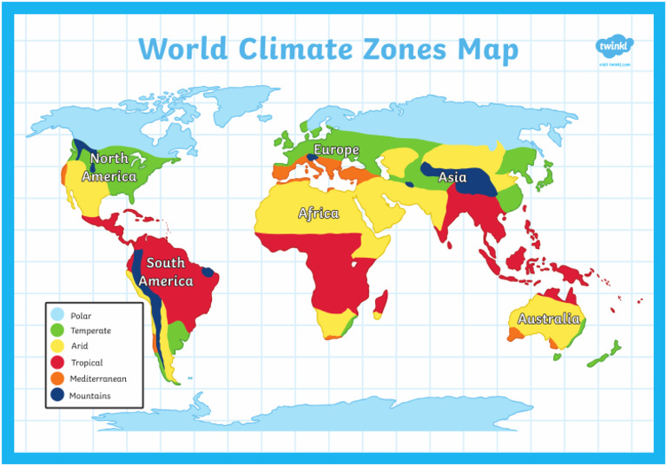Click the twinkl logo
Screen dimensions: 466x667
pos(614,48)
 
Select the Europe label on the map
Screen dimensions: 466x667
pos(336,150)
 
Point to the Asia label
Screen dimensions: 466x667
pos(452,176)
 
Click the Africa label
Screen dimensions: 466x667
pos(319,213)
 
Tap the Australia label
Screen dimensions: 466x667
pos(548,318)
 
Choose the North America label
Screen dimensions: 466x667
pos(109,167)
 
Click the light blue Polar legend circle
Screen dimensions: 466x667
pos(58,315)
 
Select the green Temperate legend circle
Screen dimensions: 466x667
pos(58,331)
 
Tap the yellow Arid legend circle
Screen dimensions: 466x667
pos(58,347)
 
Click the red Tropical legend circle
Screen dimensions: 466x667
pos(58,364)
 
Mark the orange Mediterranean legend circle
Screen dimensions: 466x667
pos(58,379)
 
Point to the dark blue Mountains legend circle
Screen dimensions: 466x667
pos(58,396)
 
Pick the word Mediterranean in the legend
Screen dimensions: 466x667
pos(98,379)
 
